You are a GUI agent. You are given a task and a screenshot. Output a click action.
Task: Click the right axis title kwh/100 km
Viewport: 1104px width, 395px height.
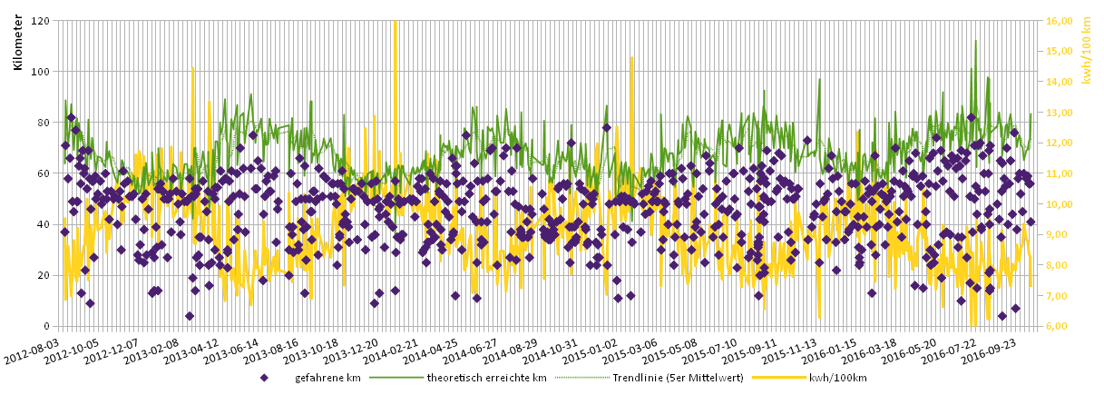pyautogui.click(x=1087, y=52)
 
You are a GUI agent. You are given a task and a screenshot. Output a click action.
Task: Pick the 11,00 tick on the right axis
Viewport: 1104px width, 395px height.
pyautogui.click(x=1060, y=173)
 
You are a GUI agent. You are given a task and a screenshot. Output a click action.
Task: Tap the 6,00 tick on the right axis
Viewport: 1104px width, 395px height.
pyautogui.click(x=1060, y=326)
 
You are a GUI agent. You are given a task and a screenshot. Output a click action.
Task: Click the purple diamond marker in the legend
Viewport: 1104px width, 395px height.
pyautogui.click(x=264, y=378)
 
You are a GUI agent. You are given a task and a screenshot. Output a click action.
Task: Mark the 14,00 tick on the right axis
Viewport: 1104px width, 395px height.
pyautogui.click(x=1060, y=82)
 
